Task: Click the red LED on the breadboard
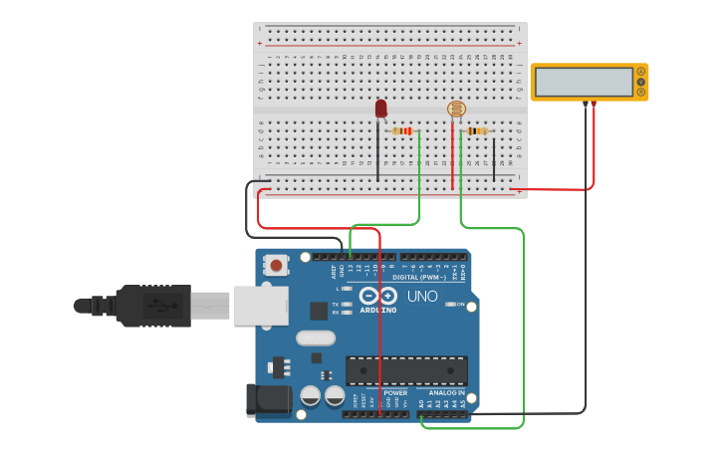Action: [x=380, y=108]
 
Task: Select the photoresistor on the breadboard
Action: [x=456, y=110]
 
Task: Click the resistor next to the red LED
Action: [x=402, y=131]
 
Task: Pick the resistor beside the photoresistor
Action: [x=478, y=131]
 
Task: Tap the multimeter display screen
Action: [x=584, y=82]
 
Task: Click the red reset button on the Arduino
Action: [x=276, y=265]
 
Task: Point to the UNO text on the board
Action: [x=422, y=296]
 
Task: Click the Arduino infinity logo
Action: [x=378, y=296]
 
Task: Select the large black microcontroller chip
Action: [x=406, y=370]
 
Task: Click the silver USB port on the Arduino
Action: [x=261, y=306]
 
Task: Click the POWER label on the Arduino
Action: [x=395, y=392]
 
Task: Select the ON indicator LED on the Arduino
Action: [x=450, y=304]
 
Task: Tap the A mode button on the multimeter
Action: [x=641, y=72]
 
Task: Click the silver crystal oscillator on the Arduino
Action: [x=315, y=338]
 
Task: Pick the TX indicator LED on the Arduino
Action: [x=346, y=304]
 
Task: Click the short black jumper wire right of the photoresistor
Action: [x=494, y=159]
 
